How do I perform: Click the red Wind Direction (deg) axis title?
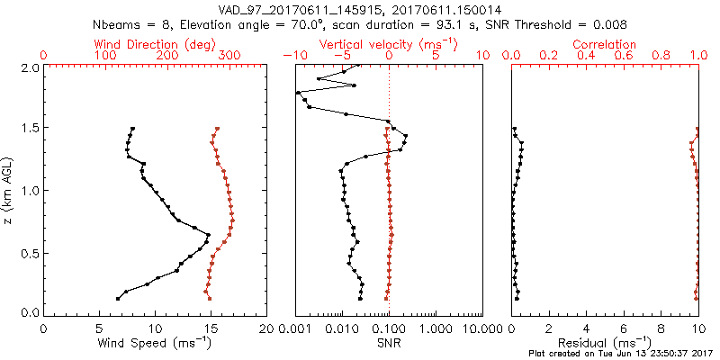(x=154, y=44)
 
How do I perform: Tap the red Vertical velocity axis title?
(x=387, y=44)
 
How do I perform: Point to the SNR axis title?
(x=388, y=343)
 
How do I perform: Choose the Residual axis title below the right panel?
(x=604, y=343)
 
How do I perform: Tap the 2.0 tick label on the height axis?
(x=29, y=67)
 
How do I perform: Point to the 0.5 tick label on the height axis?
(x=29, y=252)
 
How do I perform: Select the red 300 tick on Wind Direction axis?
(x=229, y=56)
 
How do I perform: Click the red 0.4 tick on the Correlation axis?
(x=587, y=56)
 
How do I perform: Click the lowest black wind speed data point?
(x=118, y=299)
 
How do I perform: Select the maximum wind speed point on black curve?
(x=209, y=236)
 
